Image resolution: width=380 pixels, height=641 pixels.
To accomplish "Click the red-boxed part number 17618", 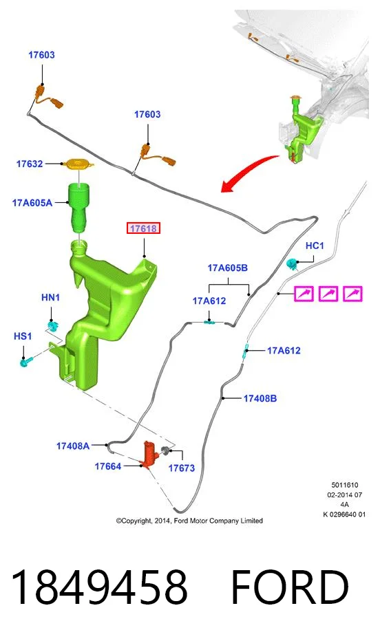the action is coord(143,228).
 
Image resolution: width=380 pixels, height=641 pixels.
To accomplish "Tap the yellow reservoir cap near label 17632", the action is coord(78,164).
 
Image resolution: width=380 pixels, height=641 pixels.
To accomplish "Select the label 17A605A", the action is coord(32,202).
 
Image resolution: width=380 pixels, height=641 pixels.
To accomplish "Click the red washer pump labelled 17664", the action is coord(149,453).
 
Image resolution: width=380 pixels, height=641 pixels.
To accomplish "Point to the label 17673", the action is coord(182,468).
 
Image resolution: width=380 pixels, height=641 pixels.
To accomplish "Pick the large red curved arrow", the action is coord(247,172).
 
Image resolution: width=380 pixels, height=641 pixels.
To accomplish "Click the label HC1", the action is coord(315,246).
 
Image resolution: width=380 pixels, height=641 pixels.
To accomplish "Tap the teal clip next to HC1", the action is coord(292,264).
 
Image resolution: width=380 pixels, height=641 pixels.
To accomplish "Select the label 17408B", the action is coord(260,398).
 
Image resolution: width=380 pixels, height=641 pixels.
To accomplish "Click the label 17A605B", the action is coord(227,268).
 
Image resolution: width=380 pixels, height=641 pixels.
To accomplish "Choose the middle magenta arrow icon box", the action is coord(328,294).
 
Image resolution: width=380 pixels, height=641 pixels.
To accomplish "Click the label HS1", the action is coord(23,336).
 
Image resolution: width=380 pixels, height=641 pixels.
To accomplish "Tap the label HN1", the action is coord(51,297).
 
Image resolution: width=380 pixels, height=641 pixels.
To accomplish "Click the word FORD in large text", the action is coord(290,587).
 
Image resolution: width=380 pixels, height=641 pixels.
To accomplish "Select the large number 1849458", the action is coord(98,587).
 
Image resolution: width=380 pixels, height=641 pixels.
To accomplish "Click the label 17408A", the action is coord(73,446).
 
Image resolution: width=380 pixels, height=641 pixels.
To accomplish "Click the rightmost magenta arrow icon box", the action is coord(352,294).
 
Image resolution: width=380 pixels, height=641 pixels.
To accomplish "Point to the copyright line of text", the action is coord(189,521).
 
